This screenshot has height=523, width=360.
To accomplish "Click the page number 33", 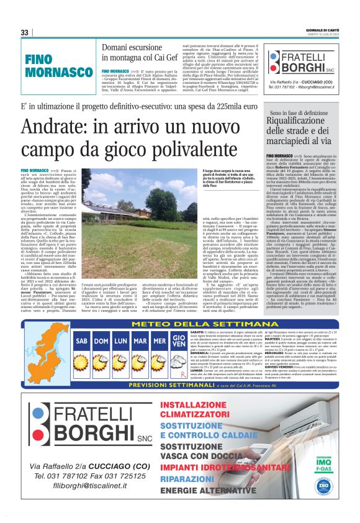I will [24, 32].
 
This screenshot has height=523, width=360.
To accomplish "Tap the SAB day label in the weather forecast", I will [82, 340].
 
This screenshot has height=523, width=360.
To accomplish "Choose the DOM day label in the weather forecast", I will [102, 340].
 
